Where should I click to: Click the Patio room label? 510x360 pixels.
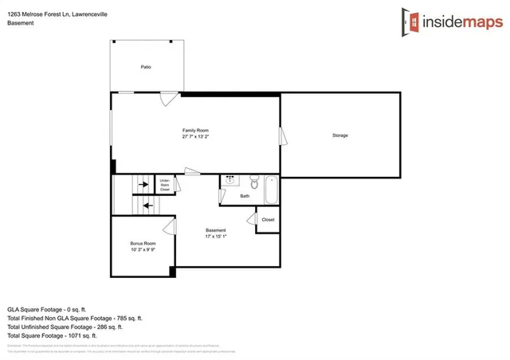pyautogui.click(x=146, y=67)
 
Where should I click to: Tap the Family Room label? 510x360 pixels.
pyautogui.click(x=195, y=130)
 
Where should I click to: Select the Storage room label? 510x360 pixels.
pyautogui.click(x=340, y=135)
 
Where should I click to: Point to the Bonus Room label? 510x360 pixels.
pyautogui.click(x=143, y=243)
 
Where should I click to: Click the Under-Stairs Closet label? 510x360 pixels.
pyautogui.click(x=165, y=185)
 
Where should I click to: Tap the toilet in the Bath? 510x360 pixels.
pyautogui.click(x=254, y=179)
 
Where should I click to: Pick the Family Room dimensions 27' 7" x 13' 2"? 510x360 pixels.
pyautogui.click(x=195, y=137)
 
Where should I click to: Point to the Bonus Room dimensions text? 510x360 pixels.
pyautogui.click(x=143, y=250)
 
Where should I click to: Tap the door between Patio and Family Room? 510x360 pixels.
pyautogui.click(x=168, y=100)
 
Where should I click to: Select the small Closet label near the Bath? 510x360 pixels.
pyautogui.click(x=268, y=220)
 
